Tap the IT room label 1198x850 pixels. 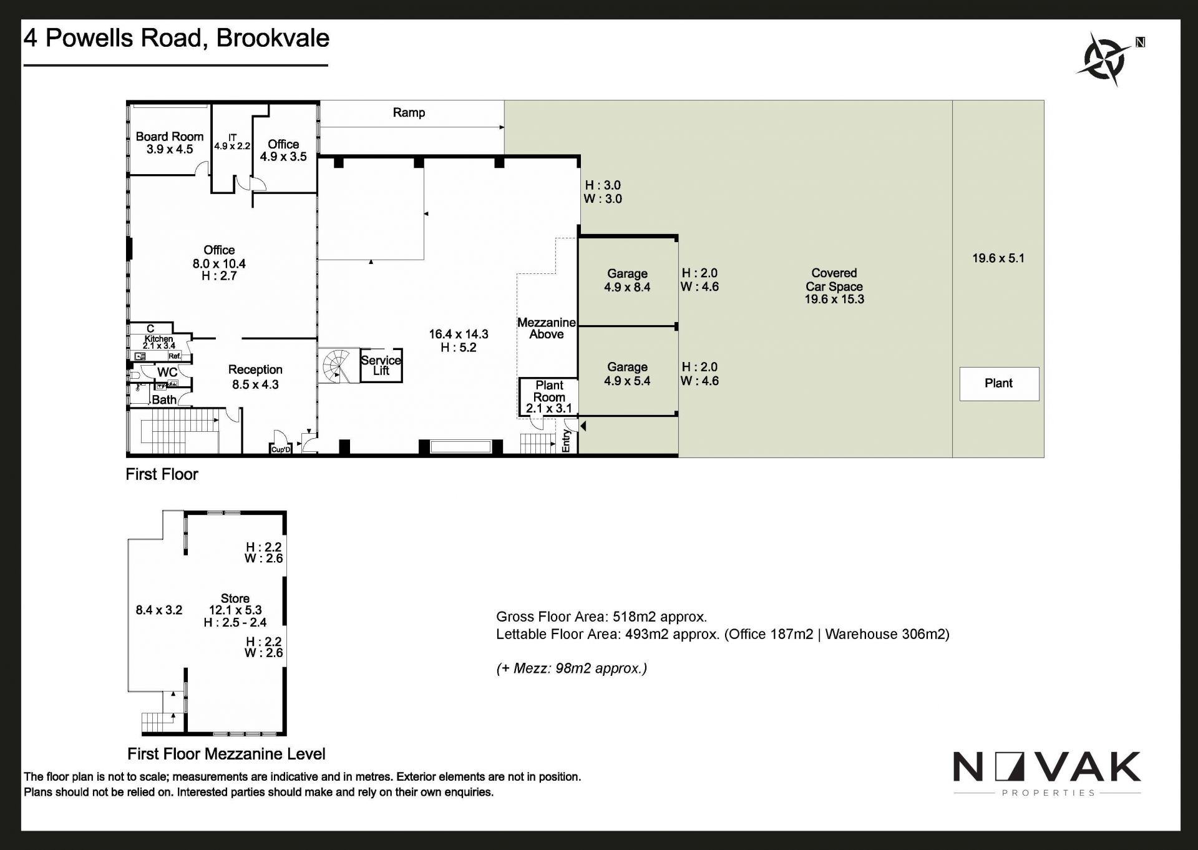(232, 141)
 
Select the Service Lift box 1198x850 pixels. (381, 365)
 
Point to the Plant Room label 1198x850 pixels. (549, 397)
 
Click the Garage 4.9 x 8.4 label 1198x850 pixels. (627, 280)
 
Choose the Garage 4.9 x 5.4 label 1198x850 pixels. (627, 374)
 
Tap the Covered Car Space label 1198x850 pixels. (834, 286)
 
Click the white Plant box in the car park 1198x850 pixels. (998, 383)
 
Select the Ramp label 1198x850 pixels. (409, 113)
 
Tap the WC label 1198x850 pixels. (167, 372)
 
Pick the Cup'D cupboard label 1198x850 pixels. (281, 449)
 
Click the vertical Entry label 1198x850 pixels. (566, 440)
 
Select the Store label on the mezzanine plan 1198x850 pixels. (235, 598)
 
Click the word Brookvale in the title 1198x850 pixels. (273, 38)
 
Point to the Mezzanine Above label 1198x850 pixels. (546, 328)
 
